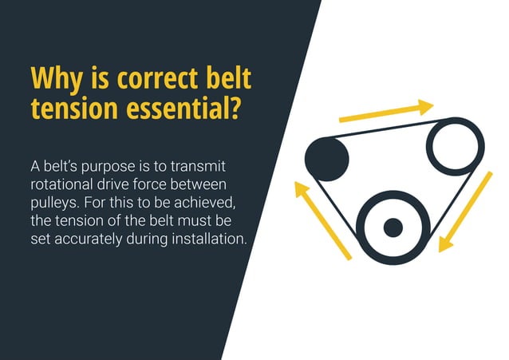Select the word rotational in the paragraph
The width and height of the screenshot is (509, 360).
[x=61, y=184]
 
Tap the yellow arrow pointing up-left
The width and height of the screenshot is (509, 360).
[x=322, y=220]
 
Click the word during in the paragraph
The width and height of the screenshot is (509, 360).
[x=146, y=238]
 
